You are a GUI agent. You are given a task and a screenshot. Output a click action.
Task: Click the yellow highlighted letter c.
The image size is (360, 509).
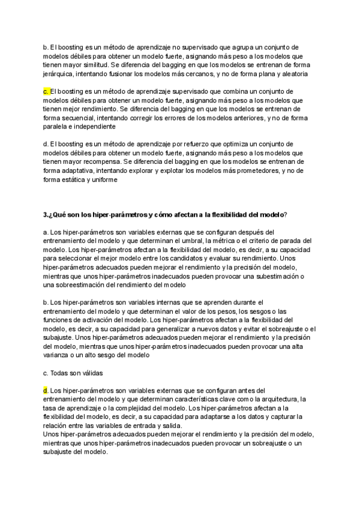pyautogui.click(x=46, y=91)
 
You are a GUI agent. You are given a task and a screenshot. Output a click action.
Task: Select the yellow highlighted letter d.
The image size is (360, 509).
pyautogui.click(x=46, y=390)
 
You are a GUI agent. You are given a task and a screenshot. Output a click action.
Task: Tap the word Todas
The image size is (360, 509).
pyautogui.click(x=61, y=373)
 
